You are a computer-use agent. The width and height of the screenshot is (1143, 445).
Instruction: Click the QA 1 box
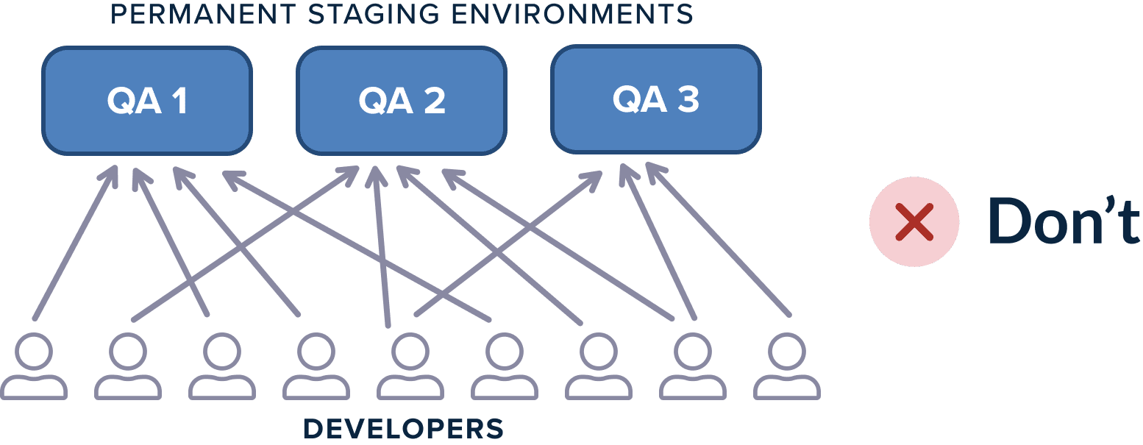[147, 101]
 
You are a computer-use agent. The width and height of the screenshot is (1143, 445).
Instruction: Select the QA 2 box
[402, 101]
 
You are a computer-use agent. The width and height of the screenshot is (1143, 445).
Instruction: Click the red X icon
[914, 222]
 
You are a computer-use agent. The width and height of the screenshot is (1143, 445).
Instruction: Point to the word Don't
[1064, 222]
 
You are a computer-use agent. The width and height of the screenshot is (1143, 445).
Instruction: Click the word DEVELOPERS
[403, 428]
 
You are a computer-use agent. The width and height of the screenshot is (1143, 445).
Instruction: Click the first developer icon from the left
[34, 366]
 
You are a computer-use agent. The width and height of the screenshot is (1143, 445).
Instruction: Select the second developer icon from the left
[128, 366]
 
